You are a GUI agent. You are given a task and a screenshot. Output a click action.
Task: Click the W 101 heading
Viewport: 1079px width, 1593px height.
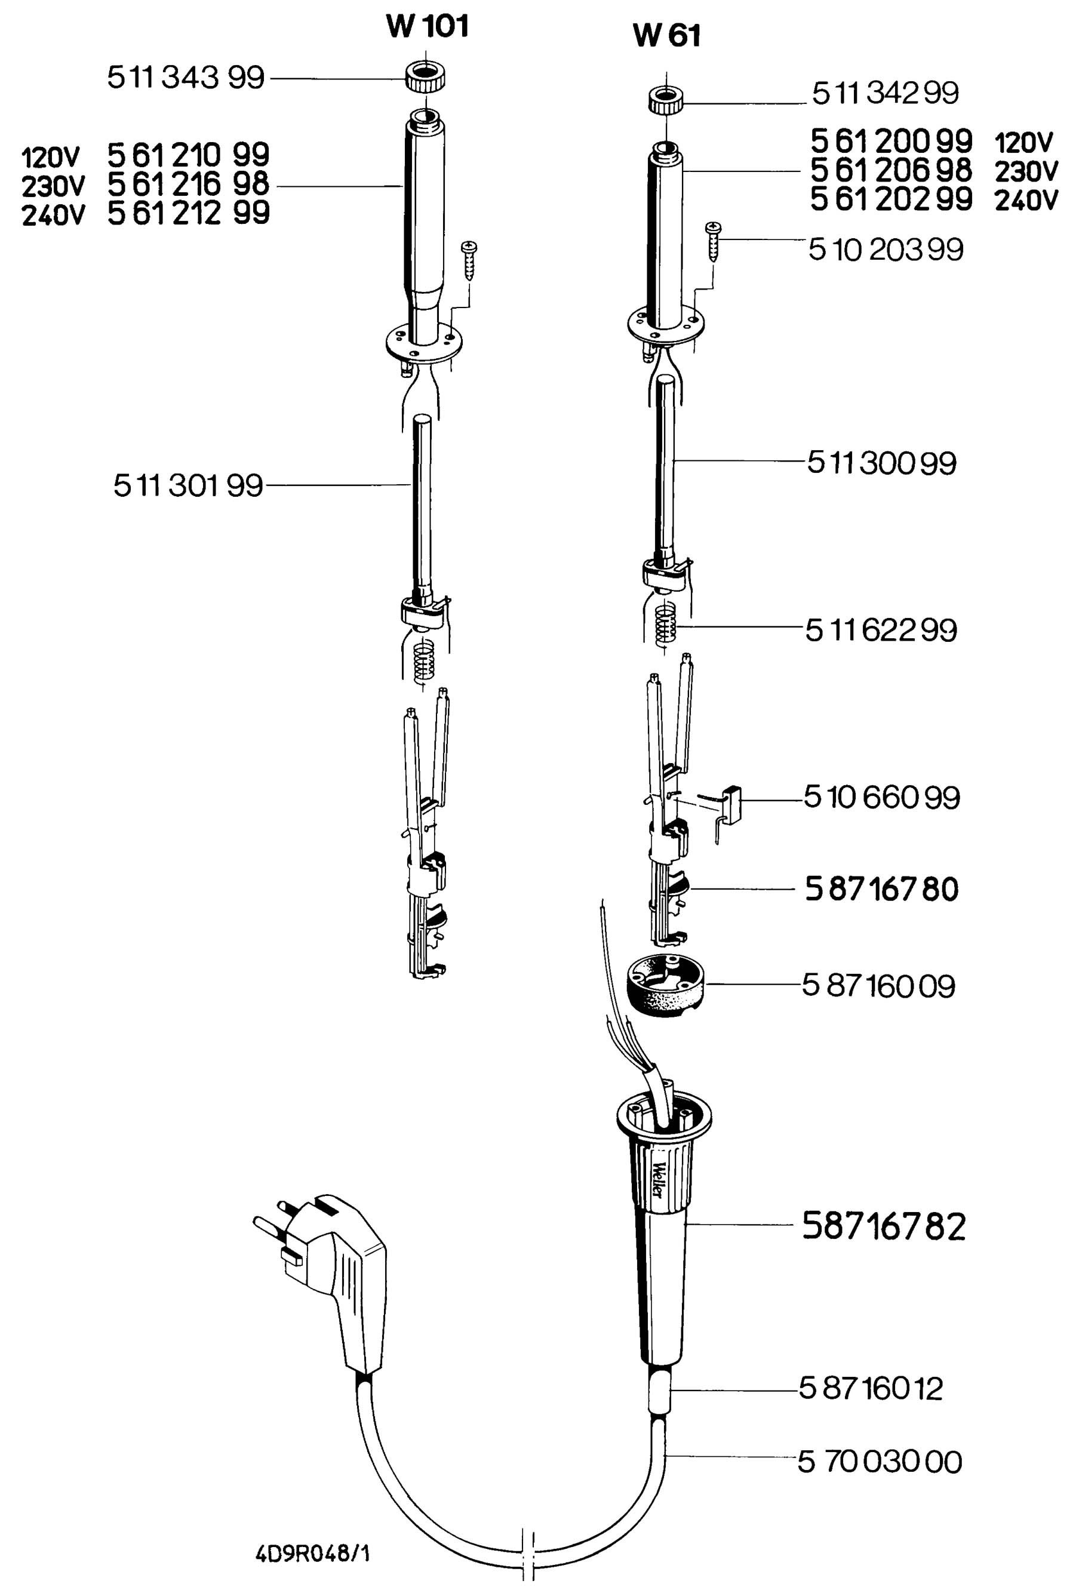point(427,26)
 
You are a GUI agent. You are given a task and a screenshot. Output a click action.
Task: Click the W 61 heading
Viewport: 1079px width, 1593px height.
point(666,36)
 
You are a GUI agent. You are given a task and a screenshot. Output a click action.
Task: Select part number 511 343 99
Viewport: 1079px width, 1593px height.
point(186,78)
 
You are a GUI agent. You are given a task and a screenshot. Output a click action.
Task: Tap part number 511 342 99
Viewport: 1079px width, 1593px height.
point(885,93)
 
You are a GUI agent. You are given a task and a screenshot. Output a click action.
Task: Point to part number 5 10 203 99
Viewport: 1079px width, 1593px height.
point(886,250)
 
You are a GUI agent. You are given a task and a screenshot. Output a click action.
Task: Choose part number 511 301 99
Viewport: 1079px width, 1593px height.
point(188,486)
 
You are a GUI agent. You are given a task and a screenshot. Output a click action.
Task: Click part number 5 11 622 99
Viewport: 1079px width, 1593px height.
point(881,630)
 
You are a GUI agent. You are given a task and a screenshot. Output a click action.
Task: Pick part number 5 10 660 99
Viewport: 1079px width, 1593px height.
point(881,797)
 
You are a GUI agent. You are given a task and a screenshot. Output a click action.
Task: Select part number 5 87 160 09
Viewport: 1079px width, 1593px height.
point(879,986)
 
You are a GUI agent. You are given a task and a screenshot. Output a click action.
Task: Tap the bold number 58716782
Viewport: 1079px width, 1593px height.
point(884,1226)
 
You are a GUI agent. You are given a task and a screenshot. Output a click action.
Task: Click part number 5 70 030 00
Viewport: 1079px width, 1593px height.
point(880,1462)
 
